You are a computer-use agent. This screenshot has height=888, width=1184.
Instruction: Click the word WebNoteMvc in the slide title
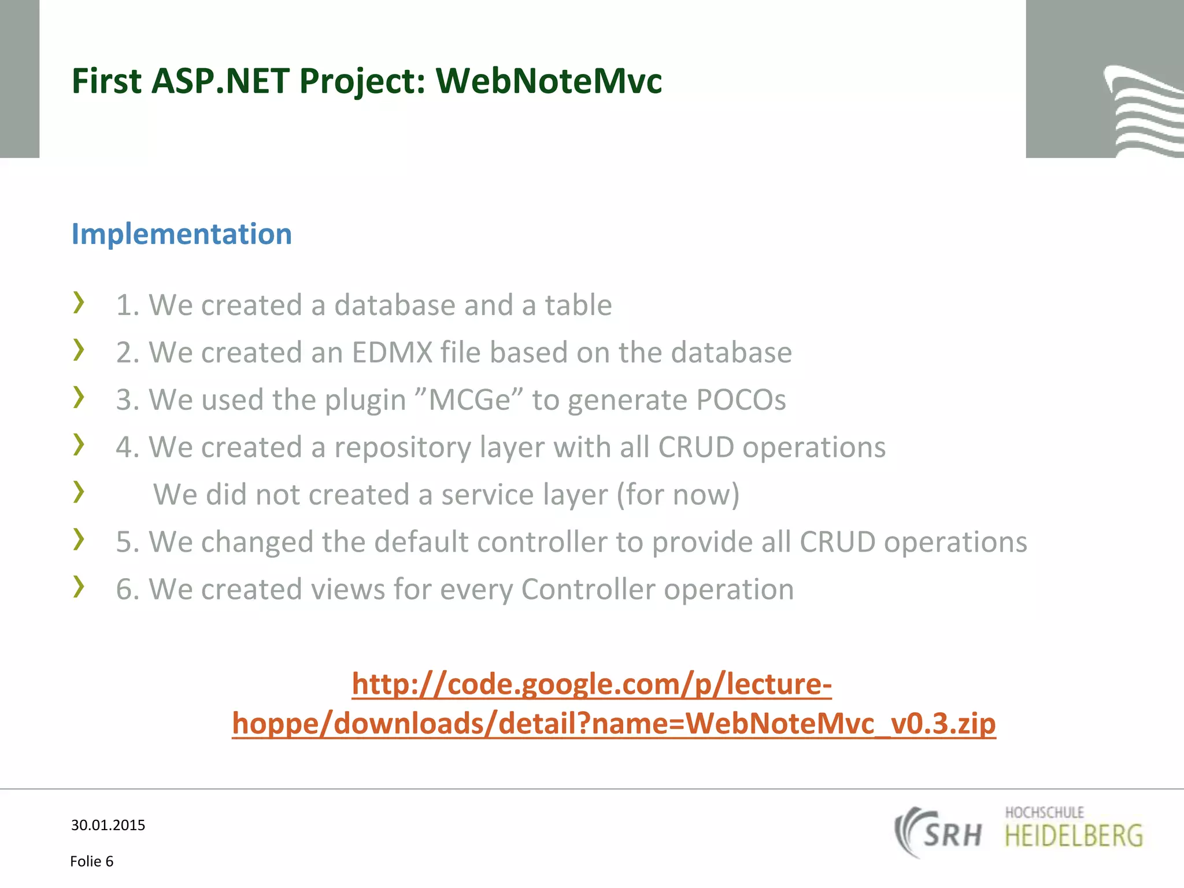pyautogui.click(x=548, y=81)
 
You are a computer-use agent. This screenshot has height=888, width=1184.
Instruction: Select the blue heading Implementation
pyautogui.click(x=182, y=234)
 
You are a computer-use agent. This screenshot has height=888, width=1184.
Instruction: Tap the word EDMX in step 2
pyautogui.click(x=392, y=353)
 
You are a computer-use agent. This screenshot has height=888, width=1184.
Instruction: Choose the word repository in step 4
pyautogui.click(x=402, y=448)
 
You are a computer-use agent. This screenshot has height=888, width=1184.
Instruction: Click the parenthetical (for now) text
pyautogui.click(x=678, y=495)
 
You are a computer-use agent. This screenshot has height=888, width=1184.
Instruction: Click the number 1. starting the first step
pyautogui.click(x=128, y=305)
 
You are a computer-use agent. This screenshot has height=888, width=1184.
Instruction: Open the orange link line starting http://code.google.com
pyautogui.click(x=591, y=684)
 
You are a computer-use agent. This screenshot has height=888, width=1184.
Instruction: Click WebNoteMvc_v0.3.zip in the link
pyautogui.click(x=840, y=723)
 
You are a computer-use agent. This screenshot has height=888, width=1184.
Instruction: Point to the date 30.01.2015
pyautogui.click(x=108, y=825)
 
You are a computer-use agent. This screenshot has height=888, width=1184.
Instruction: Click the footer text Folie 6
pyautogui.click(x=92, y=861)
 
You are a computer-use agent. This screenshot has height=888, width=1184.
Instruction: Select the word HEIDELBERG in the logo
pyautogui.click(x=1074, y=837)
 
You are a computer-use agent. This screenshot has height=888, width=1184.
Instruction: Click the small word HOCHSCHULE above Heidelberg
pyautogui.click(x=1044, y=812)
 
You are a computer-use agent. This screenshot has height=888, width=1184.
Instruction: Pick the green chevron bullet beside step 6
pyautogui.click(x=79, y=587)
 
